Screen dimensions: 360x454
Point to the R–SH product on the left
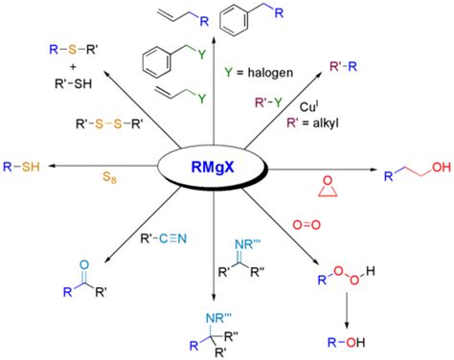[x=23, y=166]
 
